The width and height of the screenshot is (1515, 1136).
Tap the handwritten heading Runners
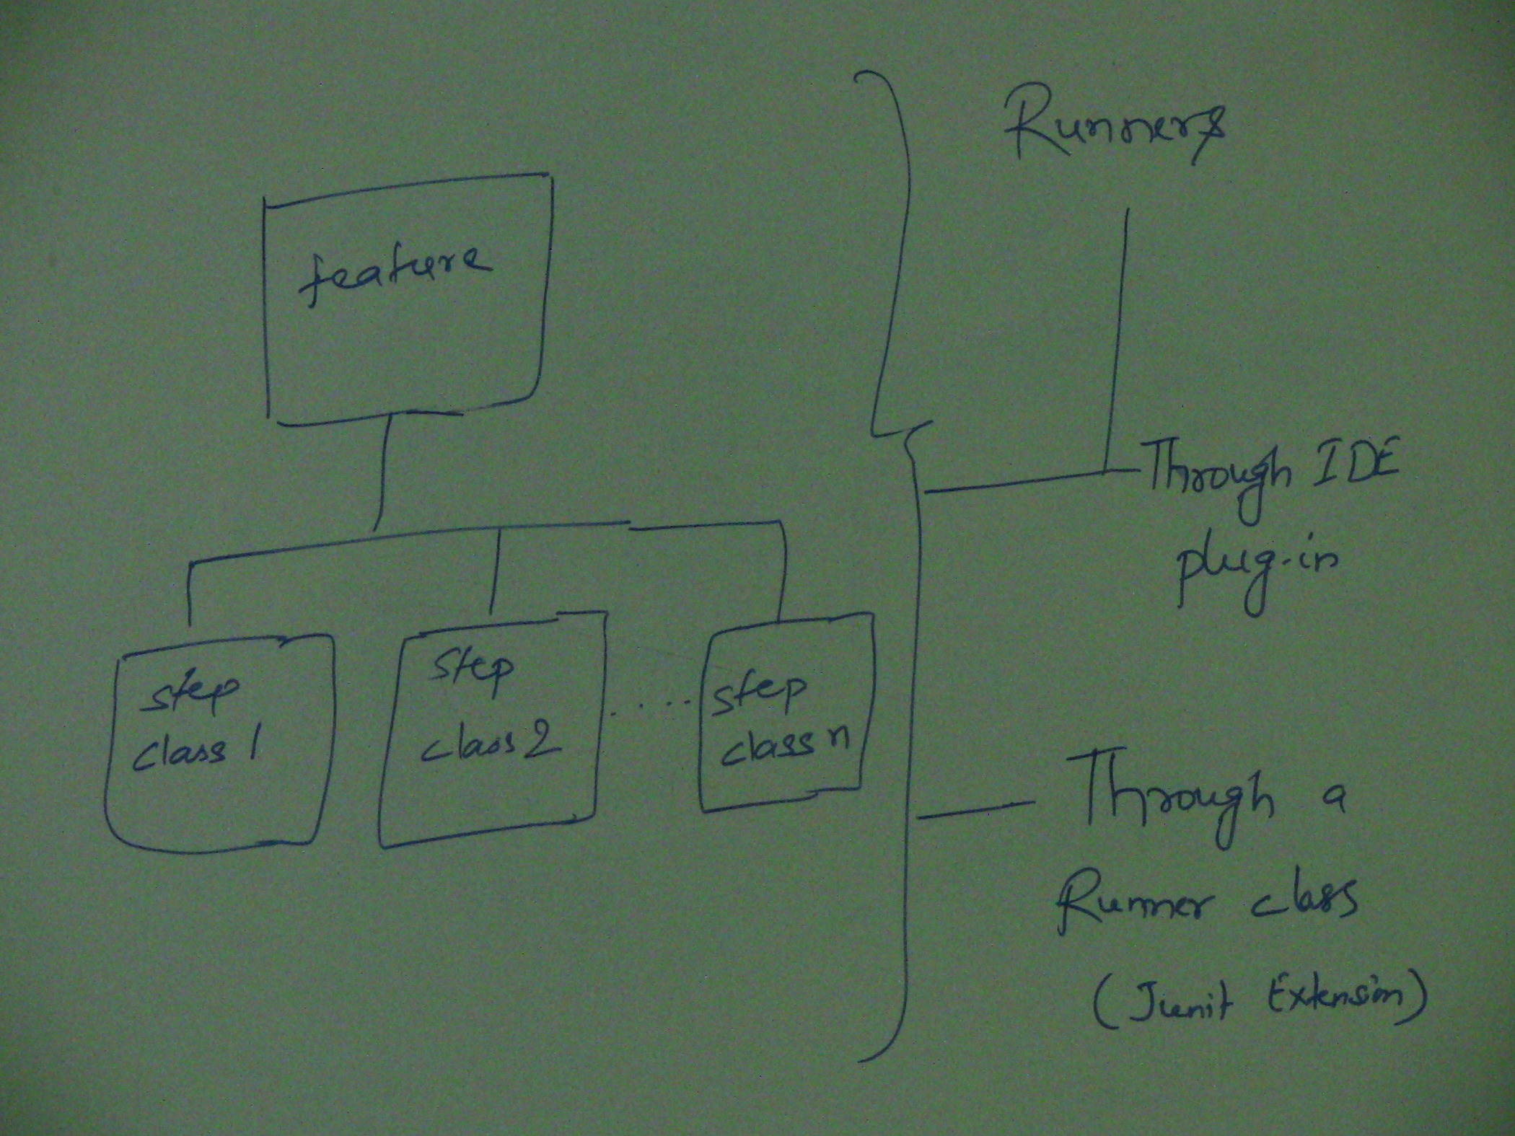pos(1115,134)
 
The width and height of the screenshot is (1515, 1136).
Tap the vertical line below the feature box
pos(382,472)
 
